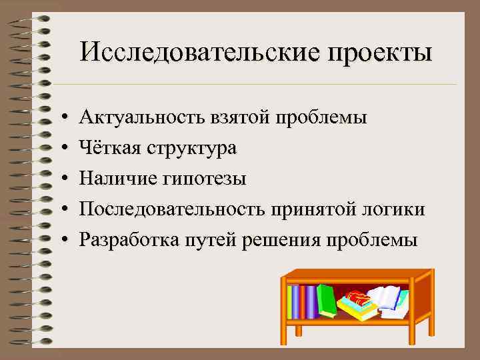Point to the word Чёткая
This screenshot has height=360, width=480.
coord(109,148)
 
